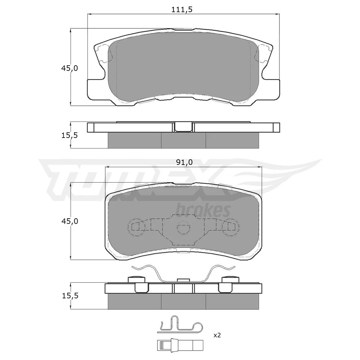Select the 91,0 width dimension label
pyautogui.click(x=184, y=162)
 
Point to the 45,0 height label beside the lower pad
pyautogui.click(x=70, y=221)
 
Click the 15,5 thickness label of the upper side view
pyautogui.click(x=70, y=135)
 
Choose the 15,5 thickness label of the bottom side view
pyautogui.click(x=70, y=296)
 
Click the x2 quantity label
pyautogui.click(x=217, y=335)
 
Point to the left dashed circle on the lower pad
pyautogui.click(x=136, y=226)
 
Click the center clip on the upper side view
pyautogui.click(x=183, y=127)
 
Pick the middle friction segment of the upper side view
pyautogui.click(x=183, y=140)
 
